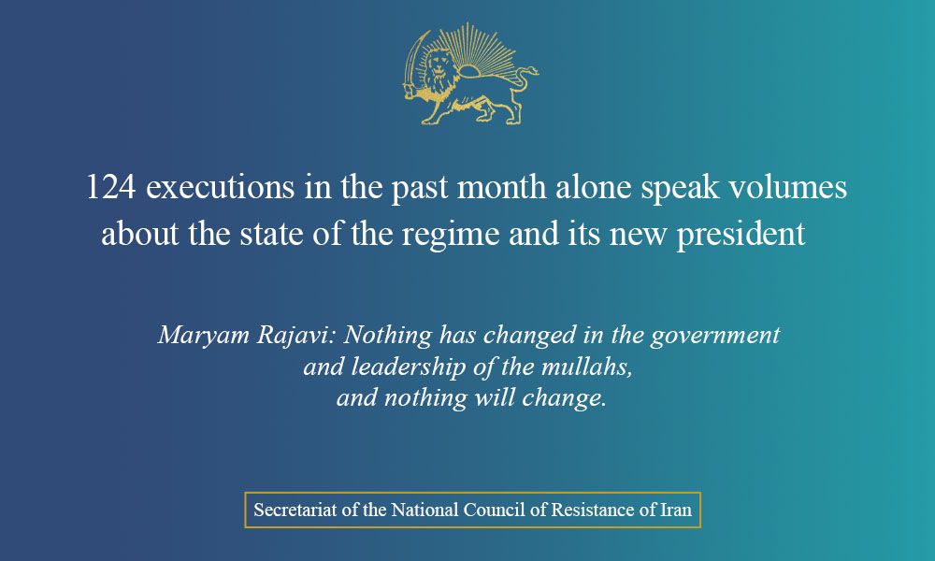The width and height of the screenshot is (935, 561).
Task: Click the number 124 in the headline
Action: point(111,187)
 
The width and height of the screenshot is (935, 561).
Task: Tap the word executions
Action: point(221,187)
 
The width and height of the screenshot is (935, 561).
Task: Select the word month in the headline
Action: point(501,187)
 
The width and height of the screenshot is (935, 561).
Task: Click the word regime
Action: point(451,235)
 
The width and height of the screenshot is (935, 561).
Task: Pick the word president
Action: point(741,235)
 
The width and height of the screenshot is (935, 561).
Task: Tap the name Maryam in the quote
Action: point(203,336)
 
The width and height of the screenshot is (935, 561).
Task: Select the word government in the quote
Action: point(715,336)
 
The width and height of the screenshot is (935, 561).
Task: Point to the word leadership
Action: point(409,367)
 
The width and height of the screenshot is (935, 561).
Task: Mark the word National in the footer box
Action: point(424,510)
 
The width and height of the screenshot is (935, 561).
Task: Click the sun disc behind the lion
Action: point(469,71)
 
